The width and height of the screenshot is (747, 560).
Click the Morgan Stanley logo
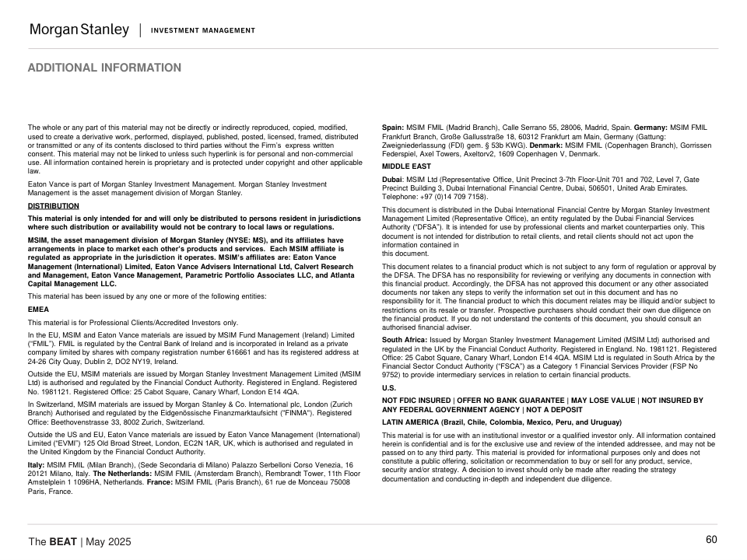(x=79, y=30)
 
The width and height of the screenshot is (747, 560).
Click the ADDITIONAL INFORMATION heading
(x=104, y=68)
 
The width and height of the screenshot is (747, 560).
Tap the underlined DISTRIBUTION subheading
(x=54, y=206)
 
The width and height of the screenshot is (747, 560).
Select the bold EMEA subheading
(x=38, y=309)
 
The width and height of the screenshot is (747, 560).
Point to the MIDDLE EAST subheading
(x=406, y=166)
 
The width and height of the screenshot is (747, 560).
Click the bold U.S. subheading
(x=390, y=387)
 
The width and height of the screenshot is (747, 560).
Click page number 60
(x=711, y=540)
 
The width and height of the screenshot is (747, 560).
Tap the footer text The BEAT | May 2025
(x=79, y=541)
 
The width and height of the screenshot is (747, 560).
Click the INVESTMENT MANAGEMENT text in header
(x=203, y=30)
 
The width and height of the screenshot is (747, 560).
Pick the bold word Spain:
(x=392, y=127)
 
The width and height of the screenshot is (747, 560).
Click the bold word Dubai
(x=392, y=179)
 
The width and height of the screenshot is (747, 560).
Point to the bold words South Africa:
(x=404, y=340)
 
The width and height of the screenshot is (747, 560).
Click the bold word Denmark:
(x=546, y=145)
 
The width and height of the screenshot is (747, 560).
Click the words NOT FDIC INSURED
(x=416, y=401)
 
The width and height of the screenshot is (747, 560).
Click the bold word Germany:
(x=651, y=127)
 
